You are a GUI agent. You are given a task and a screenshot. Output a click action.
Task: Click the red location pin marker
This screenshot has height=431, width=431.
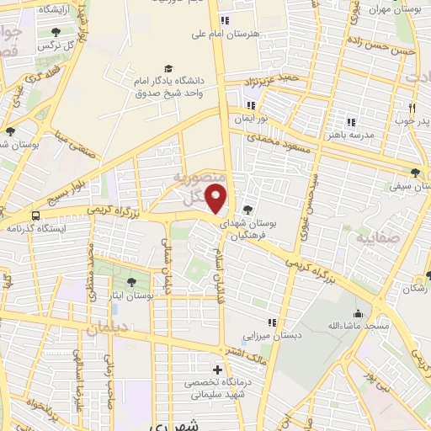point(217,199)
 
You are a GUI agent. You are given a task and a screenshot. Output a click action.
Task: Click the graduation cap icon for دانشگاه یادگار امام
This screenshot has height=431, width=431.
point(168,68)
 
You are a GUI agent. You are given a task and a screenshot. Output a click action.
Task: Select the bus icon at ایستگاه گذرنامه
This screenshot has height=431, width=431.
point(35,215)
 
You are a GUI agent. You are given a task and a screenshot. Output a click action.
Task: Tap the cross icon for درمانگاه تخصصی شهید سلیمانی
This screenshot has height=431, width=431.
point(218,370)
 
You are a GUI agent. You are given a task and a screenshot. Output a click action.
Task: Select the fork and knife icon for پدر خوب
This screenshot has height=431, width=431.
point(412,108)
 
